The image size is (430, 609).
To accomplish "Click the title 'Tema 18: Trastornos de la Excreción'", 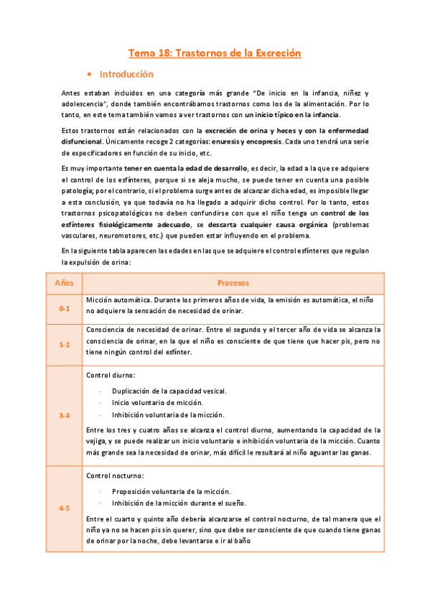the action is [x=214, y=54].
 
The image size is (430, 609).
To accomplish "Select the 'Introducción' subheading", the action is [x=126, y=74].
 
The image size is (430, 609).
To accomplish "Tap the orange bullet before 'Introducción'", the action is [x=88, y=75].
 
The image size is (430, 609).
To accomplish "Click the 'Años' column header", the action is [x=64, y=283].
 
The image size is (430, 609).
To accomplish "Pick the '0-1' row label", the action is [x=64, y=307].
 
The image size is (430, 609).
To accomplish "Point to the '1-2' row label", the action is [x=64, y=345].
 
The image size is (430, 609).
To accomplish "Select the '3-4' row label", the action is [x=64, y=416].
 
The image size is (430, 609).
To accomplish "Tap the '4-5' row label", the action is [x=64, y=508].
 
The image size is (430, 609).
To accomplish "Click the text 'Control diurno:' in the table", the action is [x=111, y=376].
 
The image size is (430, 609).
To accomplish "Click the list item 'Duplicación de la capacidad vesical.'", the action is [x=169, y=391].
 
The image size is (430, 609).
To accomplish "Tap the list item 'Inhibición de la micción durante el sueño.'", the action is [x=179, y=503].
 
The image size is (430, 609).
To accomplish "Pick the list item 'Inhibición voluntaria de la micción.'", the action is [x=168, y=415].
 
